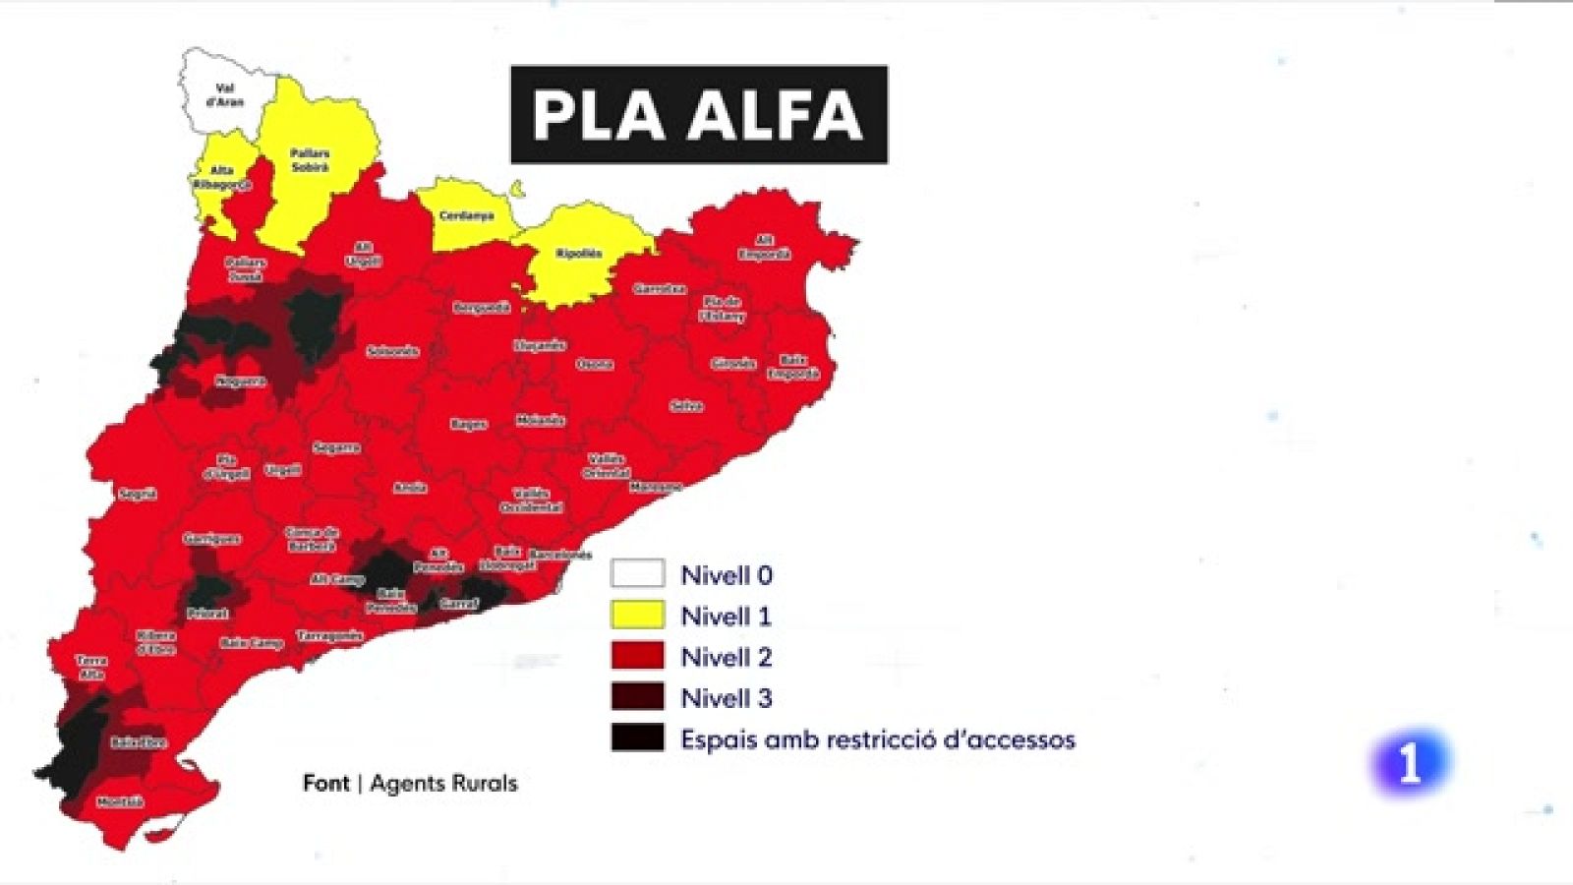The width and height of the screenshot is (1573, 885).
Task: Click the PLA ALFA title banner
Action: click(698, 114)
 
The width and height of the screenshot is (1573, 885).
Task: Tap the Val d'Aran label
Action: click(225, 95)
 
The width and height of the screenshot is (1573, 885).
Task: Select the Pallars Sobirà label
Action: click(310, 160)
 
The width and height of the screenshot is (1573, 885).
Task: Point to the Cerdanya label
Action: click(466, 215)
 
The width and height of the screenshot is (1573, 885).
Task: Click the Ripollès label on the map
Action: click(579, 254)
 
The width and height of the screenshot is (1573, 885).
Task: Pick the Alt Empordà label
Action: click(764, 248)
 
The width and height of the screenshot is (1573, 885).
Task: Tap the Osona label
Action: click(594, 364)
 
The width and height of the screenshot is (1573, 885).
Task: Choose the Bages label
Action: click(469, 424)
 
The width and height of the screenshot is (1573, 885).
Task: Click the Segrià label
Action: click(138, 494)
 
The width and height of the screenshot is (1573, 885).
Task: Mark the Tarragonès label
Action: click(330, 636)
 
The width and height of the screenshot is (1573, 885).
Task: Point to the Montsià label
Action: click(120, 802)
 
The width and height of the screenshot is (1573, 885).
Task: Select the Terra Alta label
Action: click(91, 668)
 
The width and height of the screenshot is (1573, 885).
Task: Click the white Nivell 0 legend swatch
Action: click(637, 574)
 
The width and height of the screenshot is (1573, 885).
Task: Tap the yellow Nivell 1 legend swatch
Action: click(637, 616)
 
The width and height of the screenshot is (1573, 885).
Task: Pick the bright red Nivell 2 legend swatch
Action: click(637, 656)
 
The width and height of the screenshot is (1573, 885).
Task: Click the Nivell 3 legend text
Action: click(727, 698)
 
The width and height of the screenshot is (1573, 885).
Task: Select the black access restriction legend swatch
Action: click(637, 738)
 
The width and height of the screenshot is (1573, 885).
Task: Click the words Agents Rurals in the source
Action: click(443, 784)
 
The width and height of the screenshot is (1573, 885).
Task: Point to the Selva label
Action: click(685, 406)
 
